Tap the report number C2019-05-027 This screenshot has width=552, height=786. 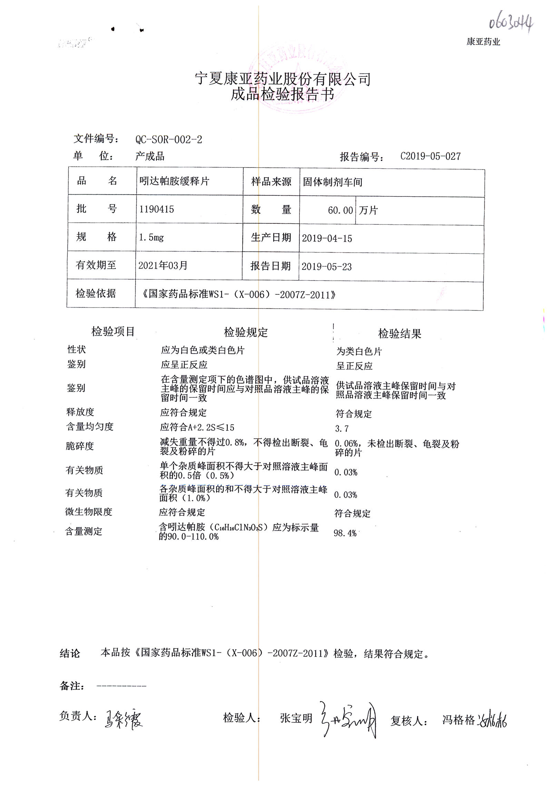tap(430, 156)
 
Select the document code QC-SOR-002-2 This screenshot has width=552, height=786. tap(169, 140)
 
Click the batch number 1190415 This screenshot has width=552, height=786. tap(157, 209)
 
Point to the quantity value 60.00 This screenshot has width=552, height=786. tap(340, 210)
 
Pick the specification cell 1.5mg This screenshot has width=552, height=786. tap(151, 237)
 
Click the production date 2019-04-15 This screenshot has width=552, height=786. tap(327, 239)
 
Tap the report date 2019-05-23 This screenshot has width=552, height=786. tap(326, 267)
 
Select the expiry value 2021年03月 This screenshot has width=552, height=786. tap(163, 265)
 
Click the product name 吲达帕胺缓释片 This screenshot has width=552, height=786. tap(174, 181)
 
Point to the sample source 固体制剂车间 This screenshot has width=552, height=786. tap(333, 182)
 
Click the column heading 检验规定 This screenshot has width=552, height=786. tap(246, 332)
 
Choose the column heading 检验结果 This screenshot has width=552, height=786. tap(400, 334)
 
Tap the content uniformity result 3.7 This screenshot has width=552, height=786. tap(342, 429)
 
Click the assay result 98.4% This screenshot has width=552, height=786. tap(345, 533)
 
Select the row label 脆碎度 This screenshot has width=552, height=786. tap(80, 446)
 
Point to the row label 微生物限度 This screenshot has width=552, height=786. tap(89, 512)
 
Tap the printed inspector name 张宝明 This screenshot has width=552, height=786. tap(296, 718)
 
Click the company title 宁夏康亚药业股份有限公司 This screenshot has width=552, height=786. tap(283, 79)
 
